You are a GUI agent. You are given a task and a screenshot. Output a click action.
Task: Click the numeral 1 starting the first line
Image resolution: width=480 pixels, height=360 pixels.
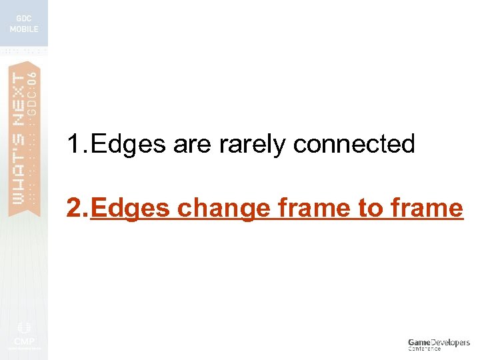click(74, 144)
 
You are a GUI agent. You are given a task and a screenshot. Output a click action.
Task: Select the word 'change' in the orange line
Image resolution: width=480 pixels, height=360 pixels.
click(222, 209)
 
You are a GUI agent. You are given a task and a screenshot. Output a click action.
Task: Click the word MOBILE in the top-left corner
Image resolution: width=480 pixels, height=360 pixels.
click(24, 29)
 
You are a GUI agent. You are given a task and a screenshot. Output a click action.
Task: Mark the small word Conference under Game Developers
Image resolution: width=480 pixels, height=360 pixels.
click(424, 349)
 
